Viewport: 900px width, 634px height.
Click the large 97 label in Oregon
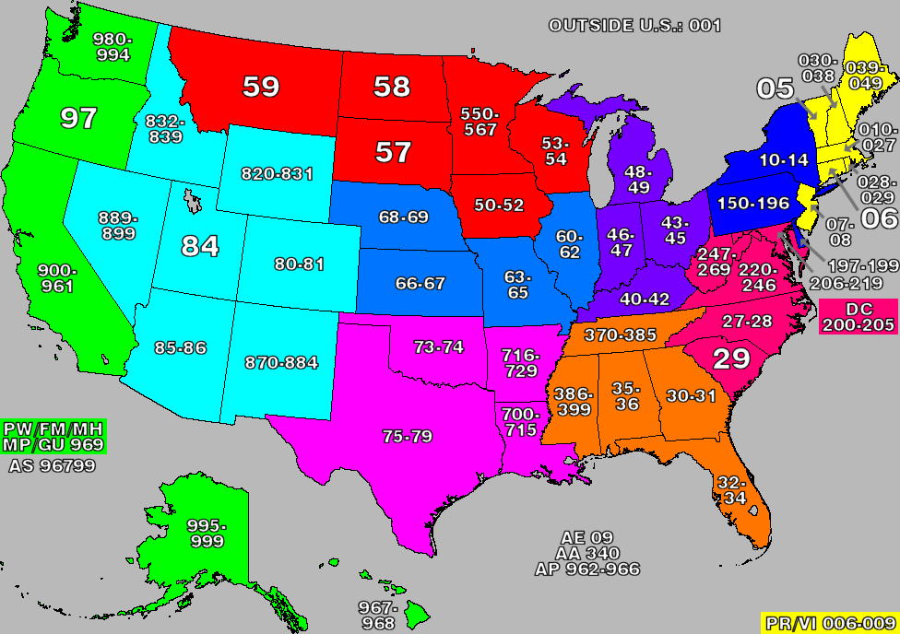point(78,118)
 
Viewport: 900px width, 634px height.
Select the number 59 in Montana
point(261,87)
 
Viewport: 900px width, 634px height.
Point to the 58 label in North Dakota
point(392,87)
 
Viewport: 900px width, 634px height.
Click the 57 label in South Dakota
point(393,152)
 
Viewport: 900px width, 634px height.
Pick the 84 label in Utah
point(200,246)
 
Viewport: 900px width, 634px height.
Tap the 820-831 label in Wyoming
point(277,173)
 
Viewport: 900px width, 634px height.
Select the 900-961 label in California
point(57,278)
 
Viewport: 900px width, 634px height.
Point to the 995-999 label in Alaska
point(207,533)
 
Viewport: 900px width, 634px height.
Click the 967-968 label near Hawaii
point(378,616)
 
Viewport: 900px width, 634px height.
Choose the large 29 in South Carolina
point(731,358)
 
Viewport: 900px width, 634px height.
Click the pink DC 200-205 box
point(858,317)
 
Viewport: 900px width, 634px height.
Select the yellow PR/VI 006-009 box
point(829,623)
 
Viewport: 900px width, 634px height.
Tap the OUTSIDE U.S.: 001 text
point(634,26)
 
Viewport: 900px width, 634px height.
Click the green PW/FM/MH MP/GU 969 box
point(53,437)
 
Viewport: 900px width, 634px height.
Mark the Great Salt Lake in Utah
point(192,201)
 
